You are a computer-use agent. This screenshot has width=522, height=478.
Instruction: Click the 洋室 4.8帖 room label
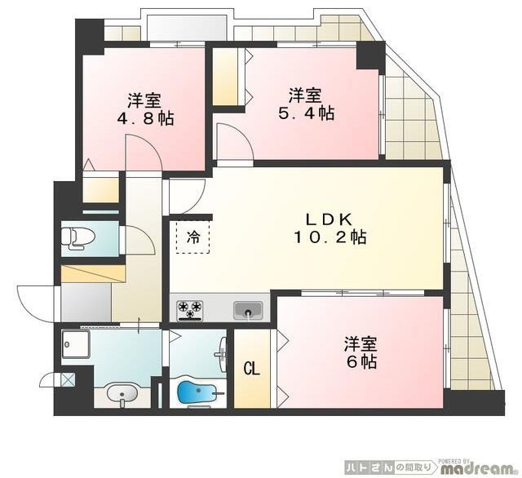click(145, 109)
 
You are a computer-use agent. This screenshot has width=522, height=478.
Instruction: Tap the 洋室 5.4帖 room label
click(307, 104)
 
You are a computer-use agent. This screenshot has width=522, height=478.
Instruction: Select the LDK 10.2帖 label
click(330, 228)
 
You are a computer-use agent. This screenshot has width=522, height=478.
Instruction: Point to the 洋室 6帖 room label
click(361, 352)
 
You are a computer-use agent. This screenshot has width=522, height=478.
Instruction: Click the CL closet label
click(252, 368)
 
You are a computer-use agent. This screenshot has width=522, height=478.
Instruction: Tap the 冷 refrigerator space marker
click(193, 237)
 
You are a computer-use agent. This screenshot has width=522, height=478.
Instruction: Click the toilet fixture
click(78, 238)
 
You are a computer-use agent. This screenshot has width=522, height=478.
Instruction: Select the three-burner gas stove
click(190, 310)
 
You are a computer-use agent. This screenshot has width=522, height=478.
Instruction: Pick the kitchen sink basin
click(248, 310)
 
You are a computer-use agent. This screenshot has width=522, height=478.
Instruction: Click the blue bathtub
click(197, 392)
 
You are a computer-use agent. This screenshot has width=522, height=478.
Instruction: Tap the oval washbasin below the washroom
click(122, 394)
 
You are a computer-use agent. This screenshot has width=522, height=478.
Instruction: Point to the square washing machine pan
click(76, 344)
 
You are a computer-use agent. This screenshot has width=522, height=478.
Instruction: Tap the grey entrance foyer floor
click(86, 303)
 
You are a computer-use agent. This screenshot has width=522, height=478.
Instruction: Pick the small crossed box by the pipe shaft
click(68, 379)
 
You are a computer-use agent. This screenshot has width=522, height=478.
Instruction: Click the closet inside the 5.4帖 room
click(226, 77)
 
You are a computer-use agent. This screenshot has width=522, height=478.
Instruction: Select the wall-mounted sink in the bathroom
click(222, 355)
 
